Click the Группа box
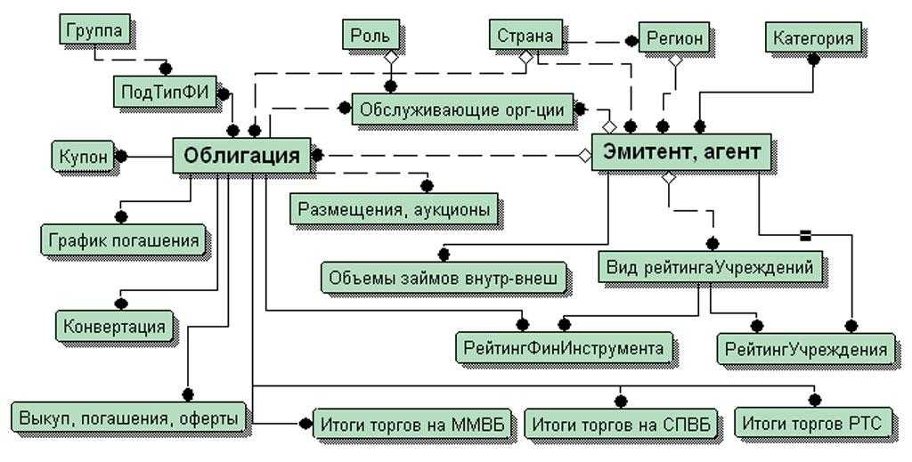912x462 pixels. tap(95, 29)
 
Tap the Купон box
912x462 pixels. tap(83, 156)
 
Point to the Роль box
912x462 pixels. tap(369, 36)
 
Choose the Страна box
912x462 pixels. tap(525, 36)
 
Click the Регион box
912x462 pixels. tap(674, 39)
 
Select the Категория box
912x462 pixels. tap(812, 38)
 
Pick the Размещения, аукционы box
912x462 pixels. tap(394, 209)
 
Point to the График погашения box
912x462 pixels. tap(123, 239)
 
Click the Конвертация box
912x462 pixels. tap(114, 326)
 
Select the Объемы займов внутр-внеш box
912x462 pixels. tap(443, 278)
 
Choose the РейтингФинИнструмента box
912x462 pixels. tap(564, 347)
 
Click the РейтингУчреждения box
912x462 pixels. tap(805, 348)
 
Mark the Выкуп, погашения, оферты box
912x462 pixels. tap(127, 416)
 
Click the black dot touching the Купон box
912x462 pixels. tap(122, 157)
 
